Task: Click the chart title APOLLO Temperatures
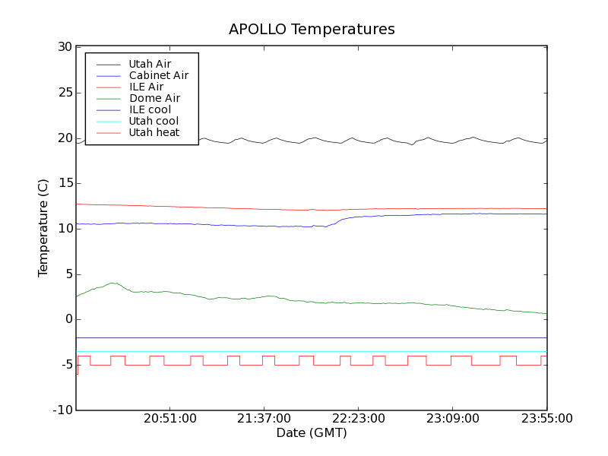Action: click(312, 30)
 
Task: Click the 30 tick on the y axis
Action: click(64, 47)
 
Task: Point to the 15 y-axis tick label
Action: click(64, 183)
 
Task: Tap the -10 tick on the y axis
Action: click(62, 410)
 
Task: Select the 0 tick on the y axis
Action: click(68, 319)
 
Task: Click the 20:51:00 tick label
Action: click(169, 419)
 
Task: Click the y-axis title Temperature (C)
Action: click(43, 229)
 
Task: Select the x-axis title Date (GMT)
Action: click(312, 433)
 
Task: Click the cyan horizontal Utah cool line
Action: click(304, 352)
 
